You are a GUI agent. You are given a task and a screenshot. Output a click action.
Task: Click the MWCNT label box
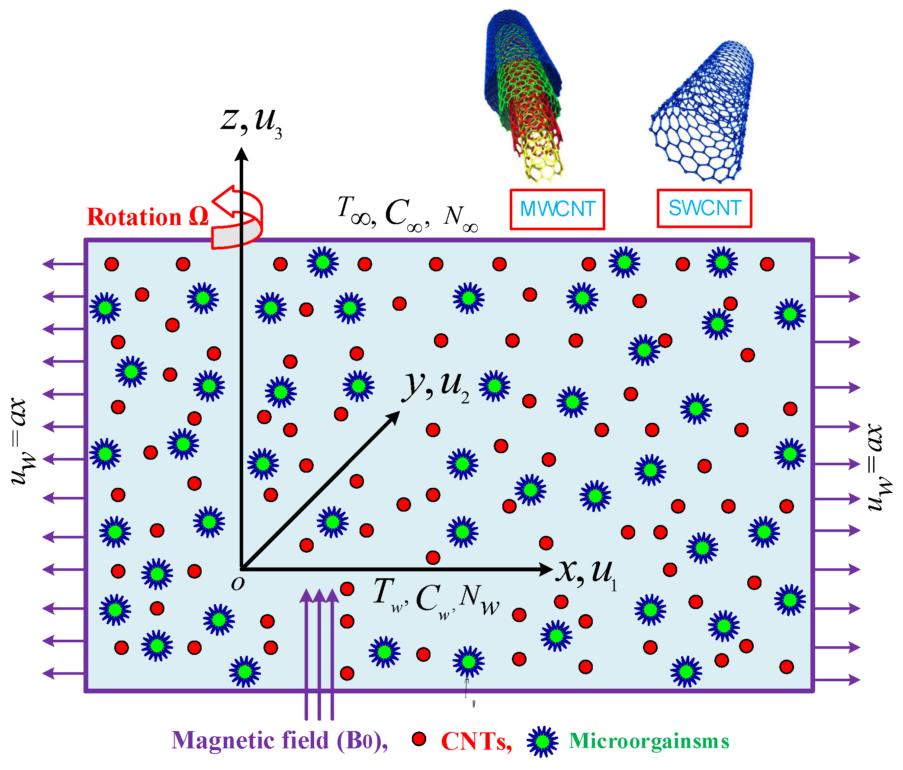tap(557, 209)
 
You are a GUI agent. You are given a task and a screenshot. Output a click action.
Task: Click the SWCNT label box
tap(704, 209)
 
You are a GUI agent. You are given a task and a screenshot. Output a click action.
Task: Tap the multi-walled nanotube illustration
tap(523, 94)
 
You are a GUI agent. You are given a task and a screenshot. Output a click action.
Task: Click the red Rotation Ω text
tap(148, 217)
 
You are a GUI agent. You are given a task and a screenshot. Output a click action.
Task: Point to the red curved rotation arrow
tap(238, 218)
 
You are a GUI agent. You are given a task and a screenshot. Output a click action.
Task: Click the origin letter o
tap(238, 583)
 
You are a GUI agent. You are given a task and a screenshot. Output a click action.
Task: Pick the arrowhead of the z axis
tap(241, 155)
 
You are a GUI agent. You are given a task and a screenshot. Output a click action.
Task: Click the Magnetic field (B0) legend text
tap(280, 740)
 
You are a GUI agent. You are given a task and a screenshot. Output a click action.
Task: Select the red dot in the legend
tap(419, 738)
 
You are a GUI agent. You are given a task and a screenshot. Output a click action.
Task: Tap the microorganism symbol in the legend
tap(542, 741)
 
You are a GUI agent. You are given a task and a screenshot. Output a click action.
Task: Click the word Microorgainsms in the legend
tap(649, 741)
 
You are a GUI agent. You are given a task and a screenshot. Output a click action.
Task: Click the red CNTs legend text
tap(476, 741)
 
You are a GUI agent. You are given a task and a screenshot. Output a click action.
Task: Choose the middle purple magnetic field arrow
tap(319, 654)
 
